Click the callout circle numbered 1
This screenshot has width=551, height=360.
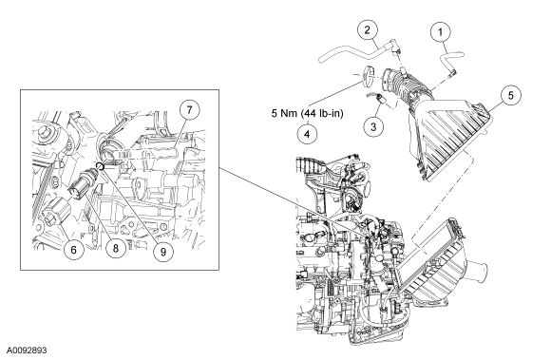440,32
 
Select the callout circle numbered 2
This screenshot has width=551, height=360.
368,29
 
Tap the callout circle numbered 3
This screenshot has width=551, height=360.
373,125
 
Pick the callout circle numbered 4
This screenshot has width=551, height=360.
307,134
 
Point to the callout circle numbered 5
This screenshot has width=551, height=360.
511,95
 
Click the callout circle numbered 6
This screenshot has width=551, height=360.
74,250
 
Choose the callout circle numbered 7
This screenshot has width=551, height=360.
189,110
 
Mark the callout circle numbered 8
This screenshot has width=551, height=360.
116,248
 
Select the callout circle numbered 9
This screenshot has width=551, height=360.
163,251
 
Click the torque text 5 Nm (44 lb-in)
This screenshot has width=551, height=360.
307,113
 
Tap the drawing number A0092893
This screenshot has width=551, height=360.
27,351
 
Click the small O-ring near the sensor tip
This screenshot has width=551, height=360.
101,166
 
